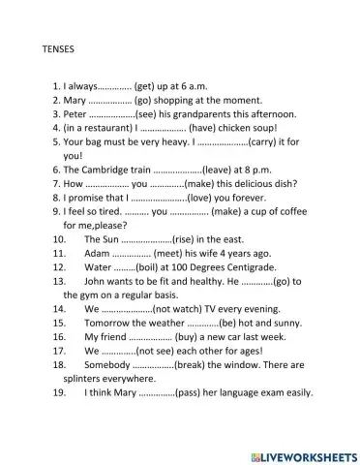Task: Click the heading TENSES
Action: click(x=61, y=46)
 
